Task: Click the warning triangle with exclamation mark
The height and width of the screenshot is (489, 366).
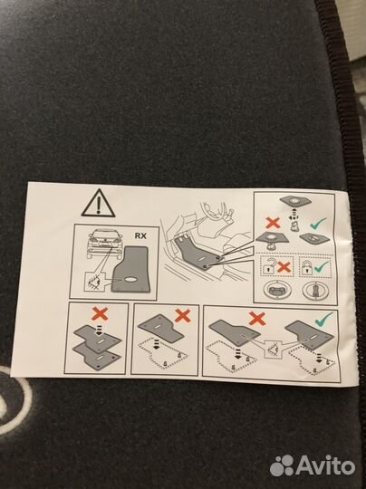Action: (98, 204)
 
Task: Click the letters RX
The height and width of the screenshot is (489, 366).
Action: (140, 235)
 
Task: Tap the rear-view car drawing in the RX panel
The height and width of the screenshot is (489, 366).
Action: (103, 244)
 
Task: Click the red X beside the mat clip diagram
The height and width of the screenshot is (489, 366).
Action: (273, 223)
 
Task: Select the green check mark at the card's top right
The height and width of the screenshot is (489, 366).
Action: (318, 223)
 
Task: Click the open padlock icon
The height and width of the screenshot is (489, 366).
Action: (268, 266)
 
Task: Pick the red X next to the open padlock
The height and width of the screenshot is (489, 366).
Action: (284, 267)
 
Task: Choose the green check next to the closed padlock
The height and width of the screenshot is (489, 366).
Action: (322, 267)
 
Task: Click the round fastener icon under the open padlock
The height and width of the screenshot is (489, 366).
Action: (274, 290)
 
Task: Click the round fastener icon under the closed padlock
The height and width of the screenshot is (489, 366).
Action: (313, 290)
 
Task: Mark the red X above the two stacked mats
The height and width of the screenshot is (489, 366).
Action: (101, 313)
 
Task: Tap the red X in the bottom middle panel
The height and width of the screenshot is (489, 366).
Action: (182, 316)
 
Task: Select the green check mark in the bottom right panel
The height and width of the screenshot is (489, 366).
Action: (324, 318)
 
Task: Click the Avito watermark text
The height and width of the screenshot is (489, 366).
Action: (325, 466)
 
